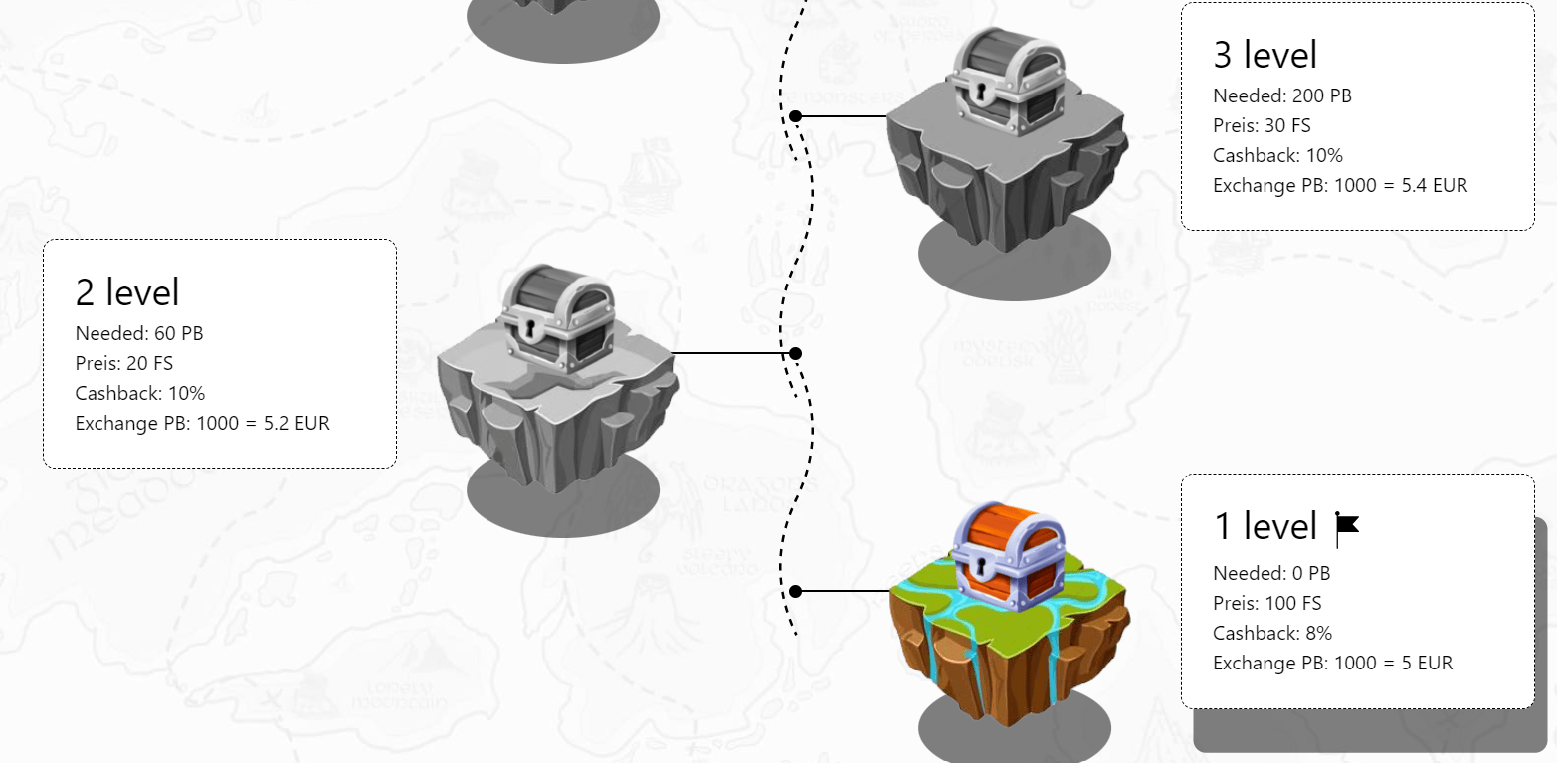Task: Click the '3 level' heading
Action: [x=1265, y=54]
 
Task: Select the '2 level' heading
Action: [x=127, y=291]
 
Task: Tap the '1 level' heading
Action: [x=1265, y=526]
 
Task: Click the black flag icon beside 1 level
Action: [x=1347, y=529]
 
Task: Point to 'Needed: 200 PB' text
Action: [x=1281, y=95]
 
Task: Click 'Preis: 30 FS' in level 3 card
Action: [x=1262, y=125]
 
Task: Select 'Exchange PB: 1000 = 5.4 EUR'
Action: [x=1340, y=186]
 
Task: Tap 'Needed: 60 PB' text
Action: [x=139, y=333]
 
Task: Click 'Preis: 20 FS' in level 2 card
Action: [x=123, y=363]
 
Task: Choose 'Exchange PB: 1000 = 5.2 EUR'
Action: [x=202, y=423]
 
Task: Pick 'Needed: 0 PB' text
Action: [x=1271, y=573]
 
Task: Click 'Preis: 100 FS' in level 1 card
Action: [x=1267, y=603]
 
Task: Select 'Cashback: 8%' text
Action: [x=1272, y=633]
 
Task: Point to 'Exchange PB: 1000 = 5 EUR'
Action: [x=1332, y=663]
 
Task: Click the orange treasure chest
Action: [x=1008, y=556]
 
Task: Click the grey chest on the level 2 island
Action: [x=556, y=318]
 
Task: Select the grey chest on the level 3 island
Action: [x=1008, y=81]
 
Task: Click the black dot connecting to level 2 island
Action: [x=796, y=354]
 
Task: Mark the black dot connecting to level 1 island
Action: [x=796, y=591]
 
